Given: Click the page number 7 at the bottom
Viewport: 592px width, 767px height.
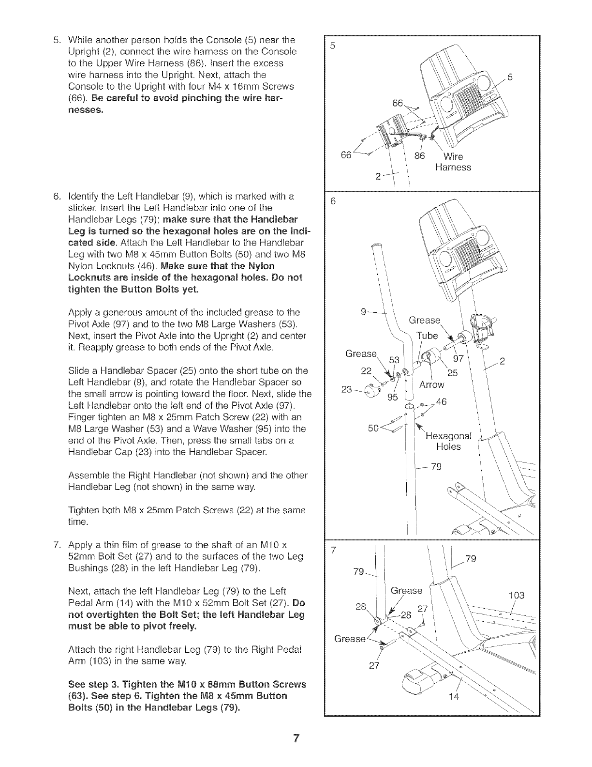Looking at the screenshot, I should pos(296,739).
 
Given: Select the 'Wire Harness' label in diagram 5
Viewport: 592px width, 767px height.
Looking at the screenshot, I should pos(453,162).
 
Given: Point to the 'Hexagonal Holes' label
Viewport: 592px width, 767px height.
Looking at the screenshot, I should pos(448,441).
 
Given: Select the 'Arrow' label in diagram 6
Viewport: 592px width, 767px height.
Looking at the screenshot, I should pos(432,385).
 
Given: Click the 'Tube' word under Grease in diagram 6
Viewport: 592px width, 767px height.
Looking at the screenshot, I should pos(428,336).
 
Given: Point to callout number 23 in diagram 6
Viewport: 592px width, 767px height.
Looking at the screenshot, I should pos(347,389).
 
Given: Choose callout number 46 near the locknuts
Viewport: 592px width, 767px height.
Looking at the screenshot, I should pos(442,402).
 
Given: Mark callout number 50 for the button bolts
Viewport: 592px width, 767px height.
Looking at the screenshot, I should pos(374,428).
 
